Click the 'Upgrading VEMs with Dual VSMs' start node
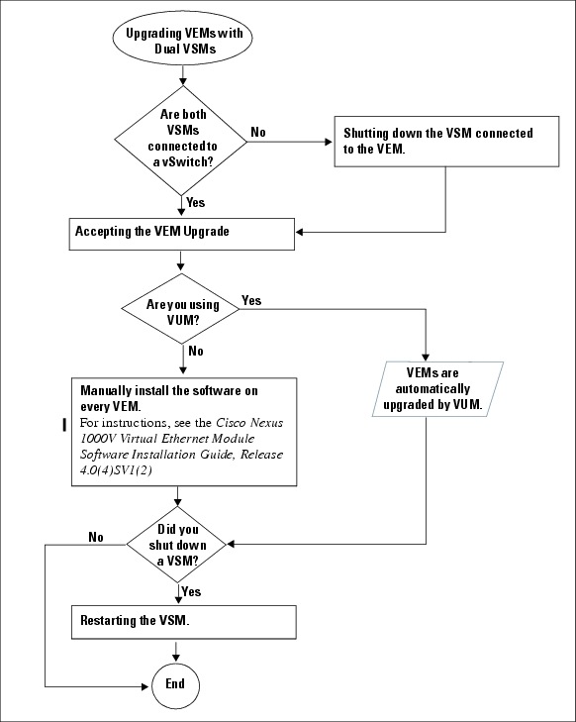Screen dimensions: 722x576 tap(180, 41)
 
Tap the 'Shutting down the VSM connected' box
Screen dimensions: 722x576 tap(437, 141)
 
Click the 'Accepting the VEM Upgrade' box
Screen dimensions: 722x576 tap(182, 233)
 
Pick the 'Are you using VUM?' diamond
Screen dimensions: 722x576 tap(182, 312)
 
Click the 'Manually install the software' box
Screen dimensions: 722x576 tap(182, 431)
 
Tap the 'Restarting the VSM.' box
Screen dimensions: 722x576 tap(182, 622)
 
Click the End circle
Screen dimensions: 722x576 tap(174, 684)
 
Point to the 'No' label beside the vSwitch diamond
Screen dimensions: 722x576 tap(257, 131)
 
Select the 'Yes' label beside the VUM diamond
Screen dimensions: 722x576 tap(251, 300)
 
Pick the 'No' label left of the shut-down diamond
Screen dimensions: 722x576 tap(96, 537)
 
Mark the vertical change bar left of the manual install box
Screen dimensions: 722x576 tap(64, 425)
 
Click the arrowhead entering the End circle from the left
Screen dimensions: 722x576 tap(145, 684)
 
